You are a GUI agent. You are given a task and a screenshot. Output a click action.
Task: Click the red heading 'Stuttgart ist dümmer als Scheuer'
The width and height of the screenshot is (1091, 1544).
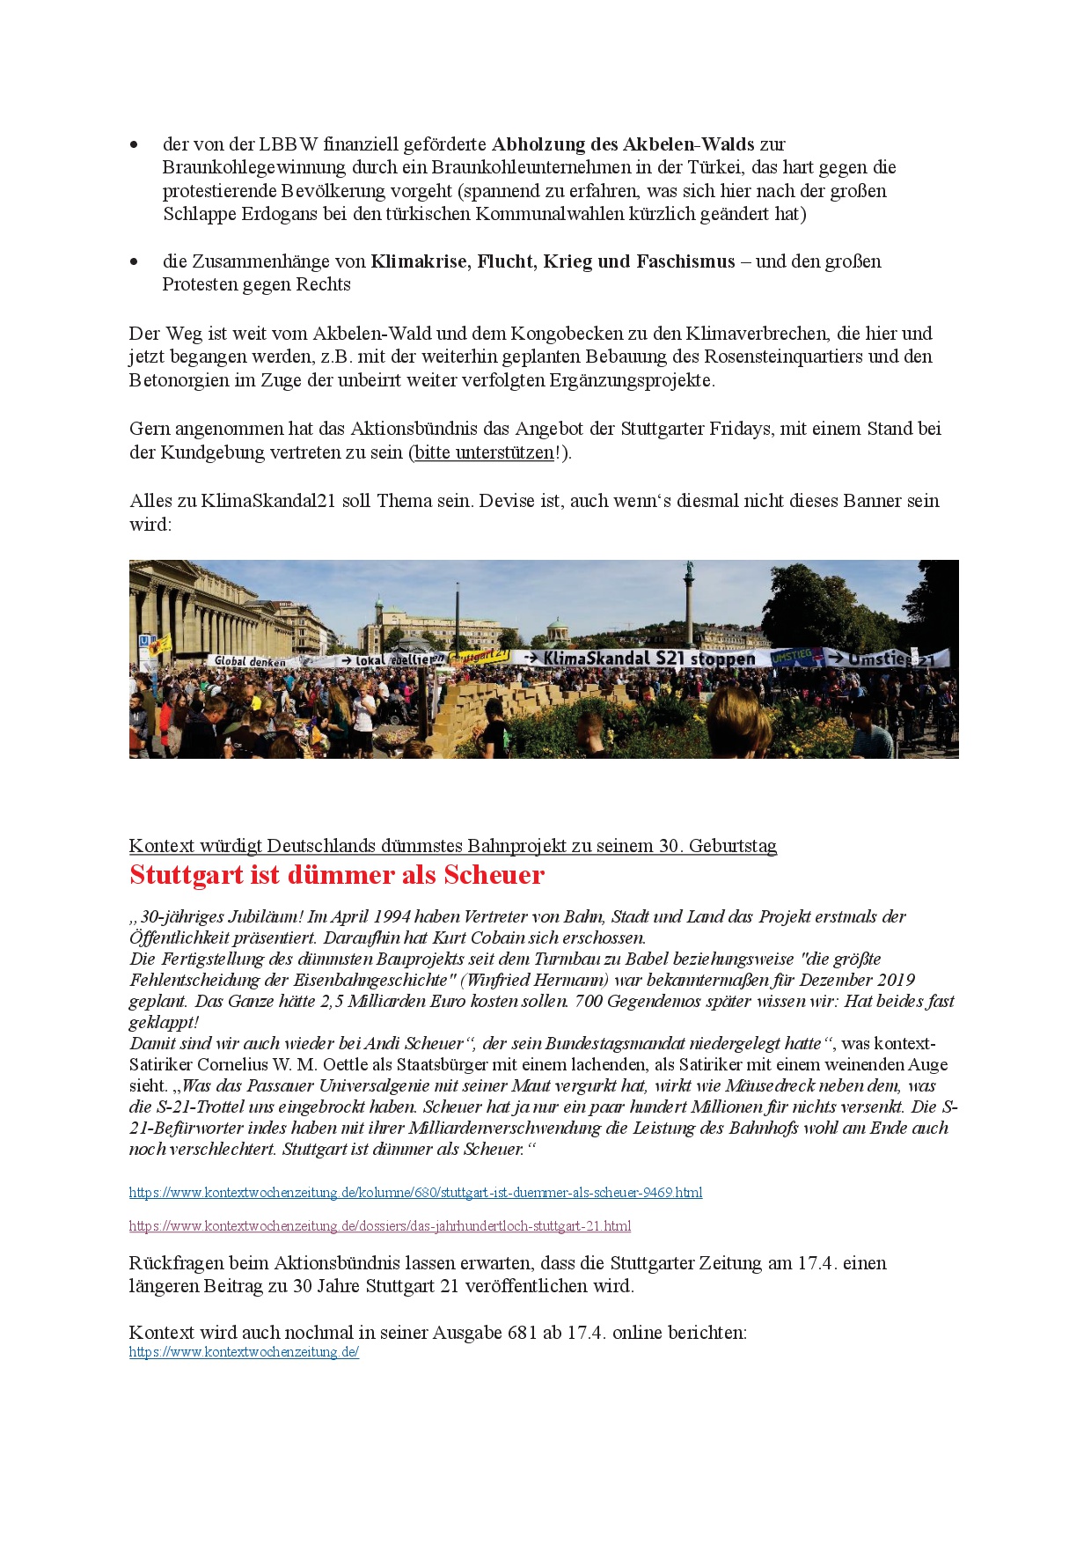tap(337, 875)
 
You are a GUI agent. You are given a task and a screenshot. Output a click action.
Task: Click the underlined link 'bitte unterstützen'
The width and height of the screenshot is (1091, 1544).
tap(484, 452)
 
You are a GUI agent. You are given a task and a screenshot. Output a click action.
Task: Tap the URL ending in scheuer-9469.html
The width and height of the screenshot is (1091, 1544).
tap(415, 1193)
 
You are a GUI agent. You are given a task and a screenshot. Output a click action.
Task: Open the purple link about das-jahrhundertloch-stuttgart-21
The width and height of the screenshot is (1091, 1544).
tap(379, 1226)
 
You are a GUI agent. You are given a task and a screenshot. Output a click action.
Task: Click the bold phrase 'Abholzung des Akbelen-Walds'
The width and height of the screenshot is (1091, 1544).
tap(622, 144)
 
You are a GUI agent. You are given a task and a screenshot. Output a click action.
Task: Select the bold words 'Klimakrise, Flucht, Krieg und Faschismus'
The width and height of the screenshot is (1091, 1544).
tap(553, 261)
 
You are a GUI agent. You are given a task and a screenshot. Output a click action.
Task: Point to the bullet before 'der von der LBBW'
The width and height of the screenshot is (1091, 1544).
tap(135, 144)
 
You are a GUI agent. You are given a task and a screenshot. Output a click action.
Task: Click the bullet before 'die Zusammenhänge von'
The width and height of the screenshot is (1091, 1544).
tap(135, 261)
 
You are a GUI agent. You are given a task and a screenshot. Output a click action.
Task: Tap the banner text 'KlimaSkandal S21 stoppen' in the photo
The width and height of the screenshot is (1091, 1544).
tap(648, 658)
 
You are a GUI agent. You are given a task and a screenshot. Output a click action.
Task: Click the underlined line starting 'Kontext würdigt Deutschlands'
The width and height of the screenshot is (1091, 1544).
tap(452, 846)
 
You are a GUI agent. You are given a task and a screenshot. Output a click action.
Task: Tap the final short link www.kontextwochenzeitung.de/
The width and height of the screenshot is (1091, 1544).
tap(244, 1352)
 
